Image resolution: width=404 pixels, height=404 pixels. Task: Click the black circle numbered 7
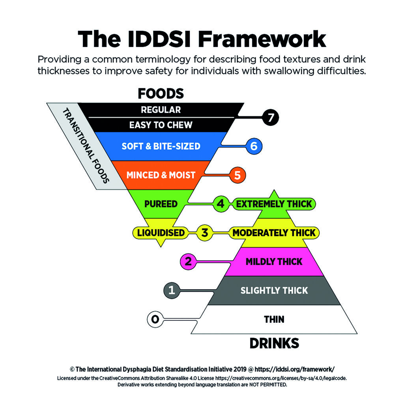point(271,117)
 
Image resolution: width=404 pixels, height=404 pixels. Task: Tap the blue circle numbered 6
point(254,146)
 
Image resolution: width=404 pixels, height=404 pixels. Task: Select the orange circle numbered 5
point(237,175)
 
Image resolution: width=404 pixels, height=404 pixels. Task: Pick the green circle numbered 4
point(221,204)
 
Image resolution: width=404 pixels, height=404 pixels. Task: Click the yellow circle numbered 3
point(204,232)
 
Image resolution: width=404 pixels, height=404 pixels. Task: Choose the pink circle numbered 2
point(188,261)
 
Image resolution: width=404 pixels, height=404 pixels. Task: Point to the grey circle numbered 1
point(172,290)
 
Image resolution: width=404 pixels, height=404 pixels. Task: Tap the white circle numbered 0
point(155,319)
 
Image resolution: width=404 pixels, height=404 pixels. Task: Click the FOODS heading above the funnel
point(161,94)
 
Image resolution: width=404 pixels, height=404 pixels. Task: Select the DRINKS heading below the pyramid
point(274,343)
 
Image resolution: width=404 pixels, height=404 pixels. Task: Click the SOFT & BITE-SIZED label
point(161,146)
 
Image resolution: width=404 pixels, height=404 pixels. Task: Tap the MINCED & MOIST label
point(161,175)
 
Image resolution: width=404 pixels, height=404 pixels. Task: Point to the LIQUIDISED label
point(161,232)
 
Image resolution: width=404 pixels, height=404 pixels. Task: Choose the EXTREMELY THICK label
point(274,204)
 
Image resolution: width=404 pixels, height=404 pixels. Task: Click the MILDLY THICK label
point(274,261)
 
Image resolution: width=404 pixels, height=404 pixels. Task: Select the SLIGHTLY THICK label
point(274,290)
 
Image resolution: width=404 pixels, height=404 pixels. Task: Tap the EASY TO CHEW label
point(161,125)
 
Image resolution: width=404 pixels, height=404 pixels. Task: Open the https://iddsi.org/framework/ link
point(295,369)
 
